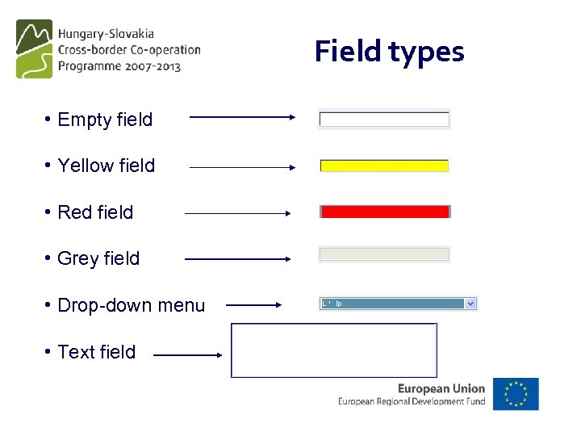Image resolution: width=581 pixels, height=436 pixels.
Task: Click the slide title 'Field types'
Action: coord(389,52)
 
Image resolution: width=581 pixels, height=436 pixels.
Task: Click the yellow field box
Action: coord(384,166)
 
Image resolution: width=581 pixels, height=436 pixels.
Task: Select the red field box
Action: coord(385,212)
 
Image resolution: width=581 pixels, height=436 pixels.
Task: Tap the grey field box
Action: coord(384,254)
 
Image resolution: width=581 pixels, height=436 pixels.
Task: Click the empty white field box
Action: coord(384,119)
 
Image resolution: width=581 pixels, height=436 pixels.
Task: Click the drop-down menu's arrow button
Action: coord(471,304)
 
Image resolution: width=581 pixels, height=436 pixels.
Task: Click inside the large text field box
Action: coord(334,350)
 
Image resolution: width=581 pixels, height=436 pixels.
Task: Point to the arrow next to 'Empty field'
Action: coord(243,117)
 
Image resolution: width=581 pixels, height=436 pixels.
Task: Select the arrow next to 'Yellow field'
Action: coord(243,167)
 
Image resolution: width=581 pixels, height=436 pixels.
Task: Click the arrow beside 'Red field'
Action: coord(238,213)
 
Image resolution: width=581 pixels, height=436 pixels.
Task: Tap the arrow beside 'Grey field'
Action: coord(238,259)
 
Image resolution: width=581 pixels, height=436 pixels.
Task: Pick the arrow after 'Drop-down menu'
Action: coord(253,305)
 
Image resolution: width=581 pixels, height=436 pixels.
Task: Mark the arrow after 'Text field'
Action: coord(188,354)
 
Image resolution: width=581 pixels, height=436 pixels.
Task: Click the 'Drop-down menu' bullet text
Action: coord(131,305)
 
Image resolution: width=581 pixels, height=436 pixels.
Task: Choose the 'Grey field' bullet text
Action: coord(98,258)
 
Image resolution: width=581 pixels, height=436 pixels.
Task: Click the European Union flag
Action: coord(516,394)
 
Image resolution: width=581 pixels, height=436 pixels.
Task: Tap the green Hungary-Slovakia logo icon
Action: coord(34,49)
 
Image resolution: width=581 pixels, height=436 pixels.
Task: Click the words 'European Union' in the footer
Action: coord(441,388)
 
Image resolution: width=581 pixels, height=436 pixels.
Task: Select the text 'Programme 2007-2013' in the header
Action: coord(119,66)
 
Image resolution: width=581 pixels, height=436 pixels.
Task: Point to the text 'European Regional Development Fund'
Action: coord(412,401)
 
